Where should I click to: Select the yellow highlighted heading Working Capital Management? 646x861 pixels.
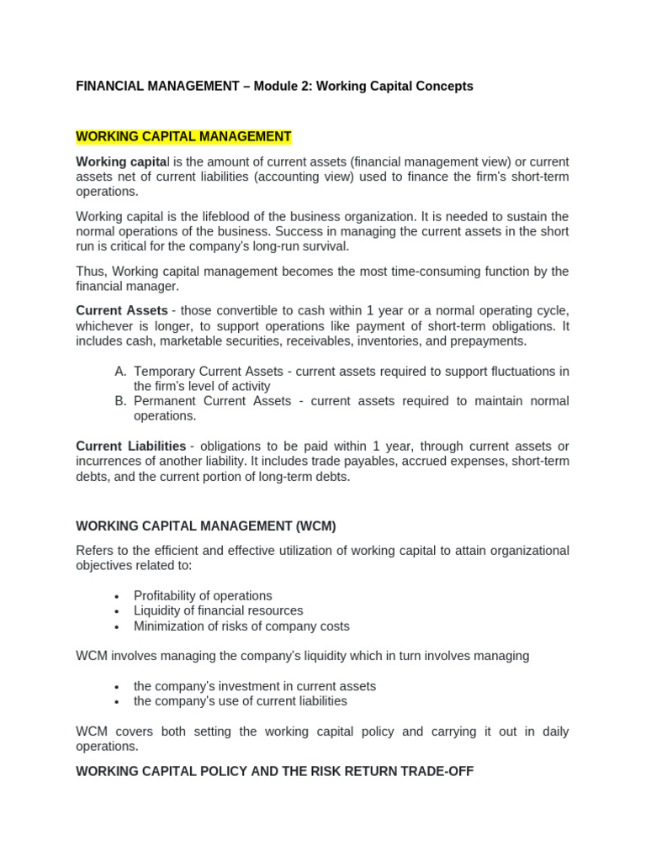[x=183, y=136]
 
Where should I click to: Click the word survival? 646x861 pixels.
[x=325, y=246]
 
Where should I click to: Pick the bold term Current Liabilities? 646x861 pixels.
[x=130, y=446]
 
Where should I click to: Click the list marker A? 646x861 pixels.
[x=120, y=371]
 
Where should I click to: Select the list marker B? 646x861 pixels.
[x=120, y=401]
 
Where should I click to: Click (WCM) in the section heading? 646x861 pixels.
[x=315, y=526]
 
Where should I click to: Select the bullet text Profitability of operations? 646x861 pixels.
[x=203, y=595]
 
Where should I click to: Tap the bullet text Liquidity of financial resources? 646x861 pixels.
[x=218, y=610]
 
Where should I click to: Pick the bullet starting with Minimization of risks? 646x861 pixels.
[x=241, y=626]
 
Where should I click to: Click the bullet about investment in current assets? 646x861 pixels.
[x=254, y=685]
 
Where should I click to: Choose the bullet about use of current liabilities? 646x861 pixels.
[x=240, y=700]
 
